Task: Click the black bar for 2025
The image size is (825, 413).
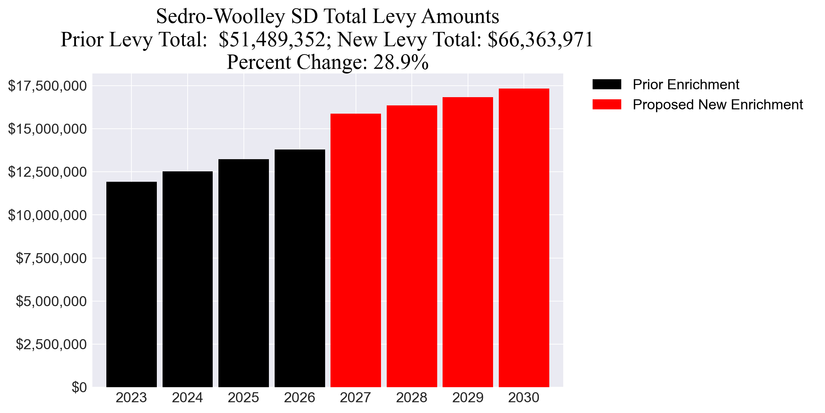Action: click(243, 273)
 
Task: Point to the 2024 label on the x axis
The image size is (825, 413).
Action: click(187, 398)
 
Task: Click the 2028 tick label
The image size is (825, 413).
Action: click(411, 398)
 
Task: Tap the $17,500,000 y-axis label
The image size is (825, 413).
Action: click(47, 86)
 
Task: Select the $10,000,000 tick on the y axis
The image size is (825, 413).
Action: click(47, 215)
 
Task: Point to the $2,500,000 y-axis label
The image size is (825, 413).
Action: click(51, 344)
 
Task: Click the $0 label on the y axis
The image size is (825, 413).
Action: click(79, 388)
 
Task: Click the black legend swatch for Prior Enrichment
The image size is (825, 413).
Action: click(607, 85)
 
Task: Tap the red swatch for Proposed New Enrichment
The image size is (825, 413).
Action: click(607, 105)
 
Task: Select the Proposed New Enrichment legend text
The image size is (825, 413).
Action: click(718, 105)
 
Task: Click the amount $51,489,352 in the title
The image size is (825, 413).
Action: click(272, 39)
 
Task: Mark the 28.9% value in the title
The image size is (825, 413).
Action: click(401, 62)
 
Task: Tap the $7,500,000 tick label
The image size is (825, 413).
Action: click(51, 258)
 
